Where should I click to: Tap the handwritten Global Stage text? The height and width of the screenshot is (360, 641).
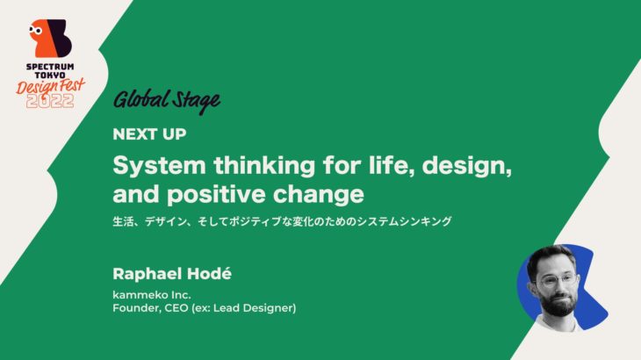[x=166, y=101]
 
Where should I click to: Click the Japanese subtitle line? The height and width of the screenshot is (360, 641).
[x=282, y=221]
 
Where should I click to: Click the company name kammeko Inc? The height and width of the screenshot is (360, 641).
[x=150, y=294]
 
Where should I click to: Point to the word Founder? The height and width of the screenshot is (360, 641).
[x=138, y=308]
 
